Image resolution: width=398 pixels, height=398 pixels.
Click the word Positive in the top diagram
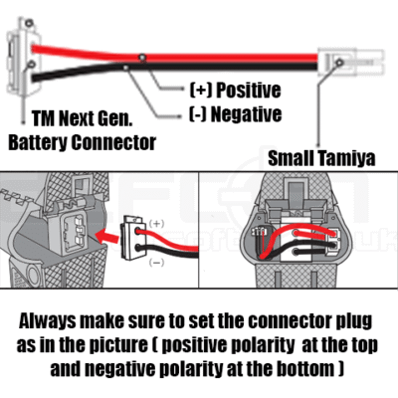(249, 91)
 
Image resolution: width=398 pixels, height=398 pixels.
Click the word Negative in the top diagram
(246, 114)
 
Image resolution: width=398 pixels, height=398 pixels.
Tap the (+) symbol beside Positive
(201, 91)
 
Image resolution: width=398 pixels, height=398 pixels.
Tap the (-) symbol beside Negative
(198, 114)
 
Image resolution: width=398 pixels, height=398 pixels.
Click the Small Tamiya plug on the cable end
(350, 62)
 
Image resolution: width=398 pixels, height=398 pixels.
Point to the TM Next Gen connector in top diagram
(24, 57)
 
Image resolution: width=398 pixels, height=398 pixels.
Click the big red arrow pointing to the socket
(107, 236)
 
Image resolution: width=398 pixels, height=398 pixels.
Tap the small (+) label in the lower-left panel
(156, 224)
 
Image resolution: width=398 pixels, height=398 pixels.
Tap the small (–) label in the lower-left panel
(156, 263)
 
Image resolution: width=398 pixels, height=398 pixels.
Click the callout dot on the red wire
(142, 58)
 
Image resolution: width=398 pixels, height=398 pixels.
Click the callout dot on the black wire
(126, 68)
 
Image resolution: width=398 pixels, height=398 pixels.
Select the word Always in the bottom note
(47, 321)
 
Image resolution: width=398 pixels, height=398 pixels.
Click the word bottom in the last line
(305, 369)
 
